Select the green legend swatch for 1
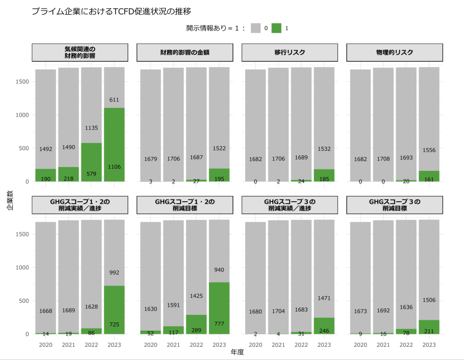[276, 28]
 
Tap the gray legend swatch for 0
[256, 28]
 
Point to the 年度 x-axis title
[237, 352]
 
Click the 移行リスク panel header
[290, 53]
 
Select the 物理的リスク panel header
[394, 53]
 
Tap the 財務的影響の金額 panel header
[184, 53]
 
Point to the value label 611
[114, 100]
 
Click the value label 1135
[91, 128]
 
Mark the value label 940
[219, 270]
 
